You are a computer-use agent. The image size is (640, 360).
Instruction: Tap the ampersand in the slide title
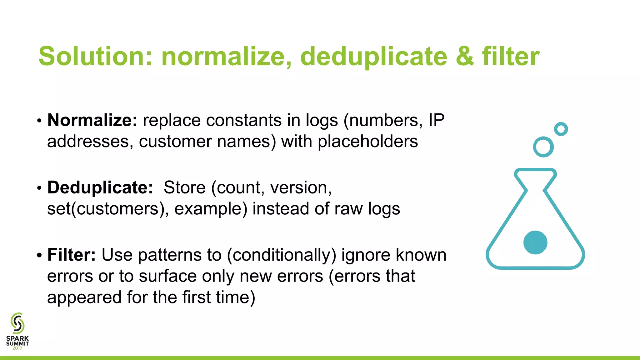point(465,56)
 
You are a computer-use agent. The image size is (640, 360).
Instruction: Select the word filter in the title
point(511,56)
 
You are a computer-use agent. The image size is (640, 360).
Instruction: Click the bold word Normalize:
point(92,120)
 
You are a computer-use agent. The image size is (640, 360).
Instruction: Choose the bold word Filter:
point(72,255)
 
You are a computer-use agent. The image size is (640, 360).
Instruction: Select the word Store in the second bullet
point(184,187)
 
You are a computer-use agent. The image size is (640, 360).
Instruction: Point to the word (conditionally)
point(281,255)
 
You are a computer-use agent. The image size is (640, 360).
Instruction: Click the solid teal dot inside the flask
point(535,242)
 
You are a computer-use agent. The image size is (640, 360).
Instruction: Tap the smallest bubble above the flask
point(561,129)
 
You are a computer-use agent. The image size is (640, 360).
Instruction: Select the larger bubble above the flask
point(543,147)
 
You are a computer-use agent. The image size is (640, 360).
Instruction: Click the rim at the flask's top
point(535,171)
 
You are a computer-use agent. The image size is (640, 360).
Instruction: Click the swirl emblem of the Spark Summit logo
point(17,323)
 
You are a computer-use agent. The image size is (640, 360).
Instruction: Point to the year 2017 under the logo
point(17,348)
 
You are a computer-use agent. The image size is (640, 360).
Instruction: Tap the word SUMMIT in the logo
point(17,343)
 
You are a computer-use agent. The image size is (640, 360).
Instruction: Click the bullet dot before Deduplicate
point(39,188)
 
